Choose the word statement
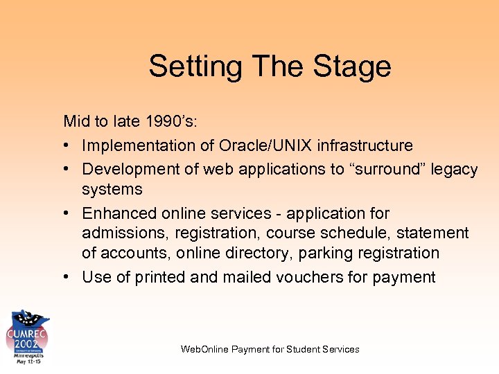click(x=432, y=233)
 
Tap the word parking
click(x=323, y=253)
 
